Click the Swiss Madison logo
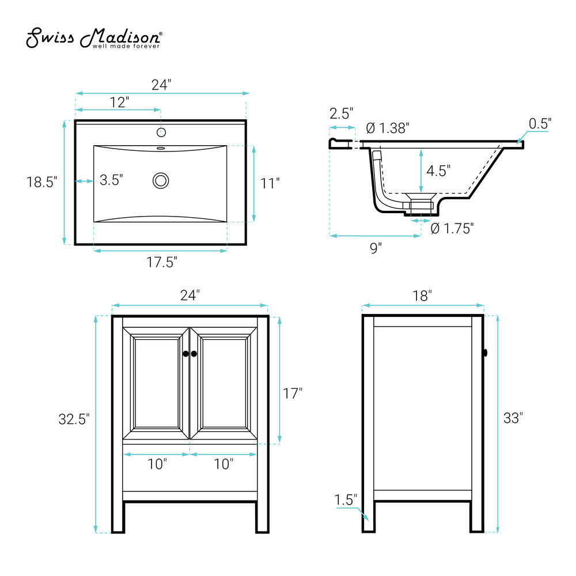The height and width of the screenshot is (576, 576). (x=94, y=37)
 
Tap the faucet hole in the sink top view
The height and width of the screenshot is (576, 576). (x=161, y=132)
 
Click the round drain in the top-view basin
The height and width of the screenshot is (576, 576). (x=161, y=181)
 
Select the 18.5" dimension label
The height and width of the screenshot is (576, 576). (x=42, y=182)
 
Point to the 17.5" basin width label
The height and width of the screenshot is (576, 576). (x=162, y=262)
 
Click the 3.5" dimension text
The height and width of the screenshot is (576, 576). (x=111, y=180)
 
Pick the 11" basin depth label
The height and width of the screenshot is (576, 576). (x=270, y=183)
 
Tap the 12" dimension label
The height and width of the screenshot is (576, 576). (x=120, y=102)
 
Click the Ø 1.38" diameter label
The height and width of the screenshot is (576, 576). (x=388, y=128)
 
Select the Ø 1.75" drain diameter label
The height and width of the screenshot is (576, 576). (x=452, y=229)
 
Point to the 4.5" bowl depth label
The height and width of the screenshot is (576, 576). (x=438, y=171)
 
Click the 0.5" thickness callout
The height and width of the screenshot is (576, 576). (x=540, y=124)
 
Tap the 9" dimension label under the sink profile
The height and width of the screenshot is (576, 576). (x=376, y=248)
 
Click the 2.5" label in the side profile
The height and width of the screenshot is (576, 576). (x=341, y=113)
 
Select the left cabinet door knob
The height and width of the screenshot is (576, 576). (x=185, y=354)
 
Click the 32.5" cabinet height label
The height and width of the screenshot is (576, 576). (x=74, y=419)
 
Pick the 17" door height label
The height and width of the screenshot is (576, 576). (x=293, y=393)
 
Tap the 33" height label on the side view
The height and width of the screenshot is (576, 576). (x=513, y=418)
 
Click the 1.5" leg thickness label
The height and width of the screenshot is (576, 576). (x=345, y=500)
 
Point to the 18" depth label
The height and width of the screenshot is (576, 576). (x=422, y=295)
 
